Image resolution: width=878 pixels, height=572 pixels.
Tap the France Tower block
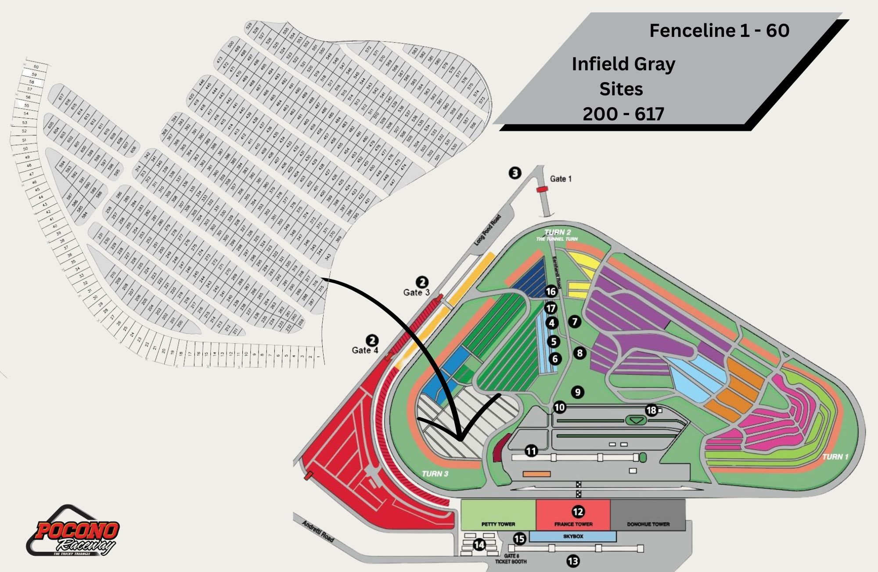pyautogui.click(x=573, y=515)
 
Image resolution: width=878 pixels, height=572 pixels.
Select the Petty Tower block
pyautogui.click(x=498, y=515)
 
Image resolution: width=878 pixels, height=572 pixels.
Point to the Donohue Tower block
pyautogui.click(x=648, y=515)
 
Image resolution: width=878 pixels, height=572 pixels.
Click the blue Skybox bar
pyautogui.click(x=573, y=536)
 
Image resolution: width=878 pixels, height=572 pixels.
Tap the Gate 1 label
pyautogui.click(x=561, y=179)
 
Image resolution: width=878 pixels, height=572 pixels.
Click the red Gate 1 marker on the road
pyautogui.click(x=542, y=189)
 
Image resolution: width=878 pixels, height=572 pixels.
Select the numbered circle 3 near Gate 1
pyautogui.click(x=515, y=173)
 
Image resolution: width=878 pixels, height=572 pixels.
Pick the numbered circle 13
pyautogui.click(x=573, y=561)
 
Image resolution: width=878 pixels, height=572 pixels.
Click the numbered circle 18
pyautogui.click(x=651, y=410)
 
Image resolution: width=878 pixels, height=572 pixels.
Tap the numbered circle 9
pyautogui.click(x=578, y=392)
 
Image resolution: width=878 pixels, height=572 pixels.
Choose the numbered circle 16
pyautogui.click(x=551, y=291)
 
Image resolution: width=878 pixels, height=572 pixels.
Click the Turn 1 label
pyautogui.click(x=835, y=457)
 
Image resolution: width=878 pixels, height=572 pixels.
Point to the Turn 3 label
pyautogui.click(x=435, y=474)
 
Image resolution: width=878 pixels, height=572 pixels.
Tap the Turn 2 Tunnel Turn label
pyautogui.click(x=557, y=235)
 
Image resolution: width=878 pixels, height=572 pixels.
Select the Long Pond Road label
pyautogui.click(x=487, y=230)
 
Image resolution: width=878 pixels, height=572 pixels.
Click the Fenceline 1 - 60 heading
pyautogui.click(x=719, y=31)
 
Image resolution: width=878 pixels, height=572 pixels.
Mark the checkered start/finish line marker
pyautogui.click(x=579, y=489)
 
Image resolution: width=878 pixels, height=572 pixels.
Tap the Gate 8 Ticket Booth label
pyautogui.click(x=511, y=559)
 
